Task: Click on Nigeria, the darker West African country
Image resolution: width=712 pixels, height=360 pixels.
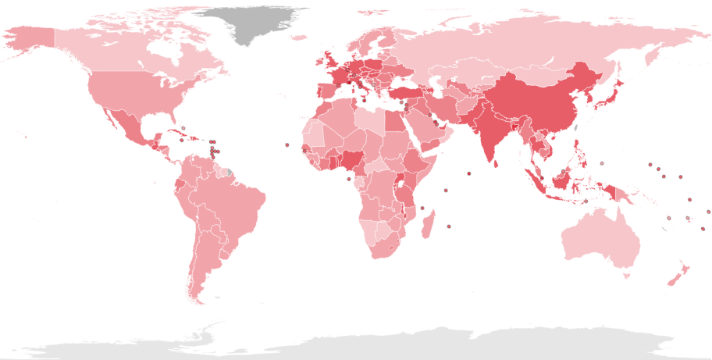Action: click(x=354, y=160)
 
